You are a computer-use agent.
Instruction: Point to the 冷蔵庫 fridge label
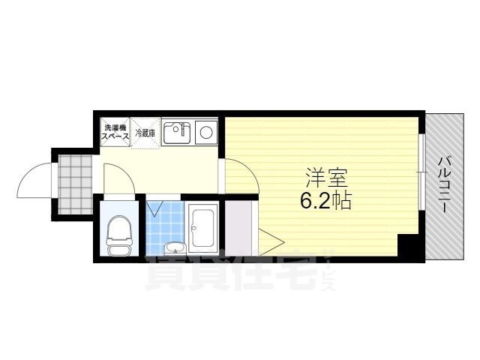(145, 133)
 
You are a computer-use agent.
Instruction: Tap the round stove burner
(205, 135)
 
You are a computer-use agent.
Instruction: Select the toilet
(118, 232)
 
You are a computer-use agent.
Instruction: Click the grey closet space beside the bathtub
(239, 228)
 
